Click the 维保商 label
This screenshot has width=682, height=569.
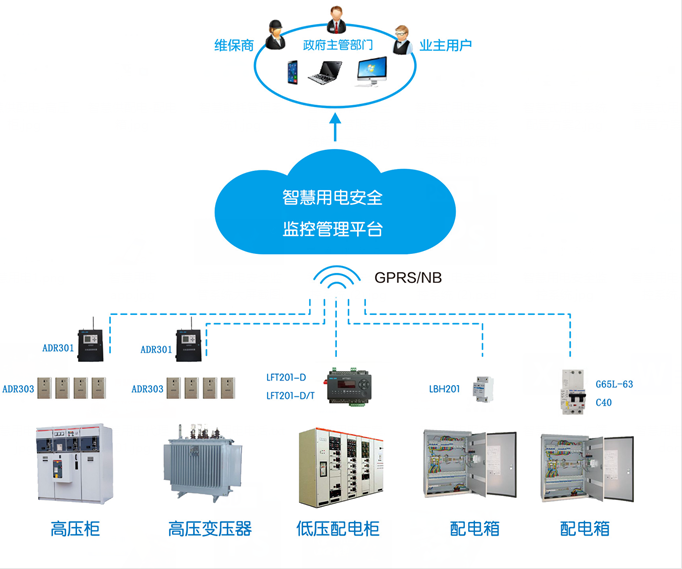(x=236, y=45)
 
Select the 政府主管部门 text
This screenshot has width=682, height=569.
(x=338, y=45)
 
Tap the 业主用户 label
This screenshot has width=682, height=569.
(x=445, y=45)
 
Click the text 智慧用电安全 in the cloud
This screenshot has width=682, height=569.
(x=333, y=198)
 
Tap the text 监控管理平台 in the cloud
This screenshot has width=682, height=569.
(x=333, y=229)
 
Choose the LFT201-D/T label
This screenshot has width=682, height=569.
(x=290, y=396)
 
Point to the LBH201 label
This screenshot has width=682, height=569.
(x=444, y=388)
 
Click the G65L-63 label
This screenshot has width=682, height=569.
(x=614, y=384)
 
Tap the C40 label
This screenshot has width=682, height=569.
(x=603, y=403)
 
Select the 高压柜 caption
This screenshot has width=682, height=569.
(x=75, y=528)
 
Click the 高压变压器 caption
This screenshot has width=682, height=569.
(x=210, y=528)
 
